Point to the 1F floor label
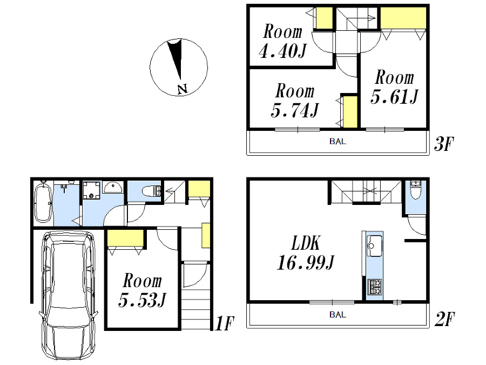point(224,324)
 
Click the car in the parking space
point(68,295)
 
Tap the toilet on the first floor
point(153,191)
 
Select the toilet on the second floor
point(416,191)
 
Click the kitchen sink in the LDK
point(374,247)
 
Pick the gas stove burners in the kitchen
point(374,286)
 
